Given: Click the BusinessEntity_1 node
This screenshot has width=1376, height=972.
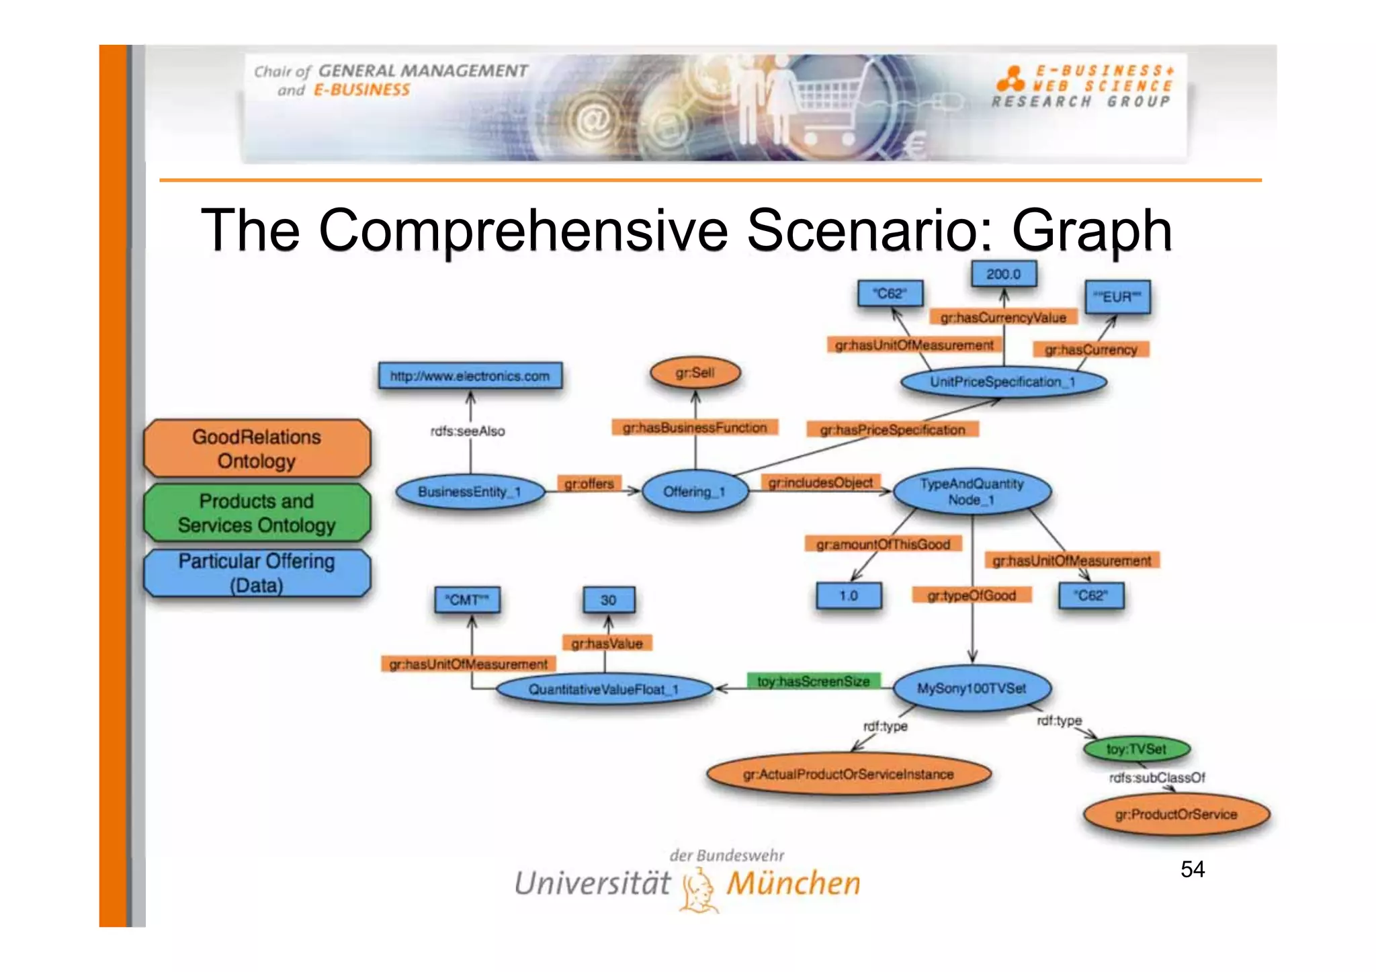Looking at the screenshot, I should pos(469,492).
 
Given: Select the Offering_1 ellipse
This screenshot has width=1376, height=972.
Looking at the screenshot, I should pos(695,492).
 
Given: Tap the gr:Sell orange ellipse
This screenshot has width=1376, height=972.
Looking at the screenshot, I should pos(695,373).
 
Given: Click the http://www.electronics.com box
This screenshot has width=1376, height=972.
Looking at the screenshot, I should pos(470,376).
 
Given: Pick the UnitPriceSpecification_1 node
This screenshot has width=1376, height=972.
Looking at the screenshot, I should pos(1002,382).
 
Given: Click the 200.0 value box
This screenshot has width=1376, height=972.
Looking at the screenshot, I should pos(1003,274).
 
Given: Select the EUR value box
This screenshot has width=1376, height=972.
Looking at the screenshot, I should pos(1117,297).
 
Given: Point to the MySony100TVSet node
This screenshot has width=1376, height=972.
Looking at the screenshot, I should pos(972,689).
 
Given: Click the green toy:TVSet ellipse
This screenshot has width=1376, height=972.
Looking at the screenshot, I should pos(1136,749).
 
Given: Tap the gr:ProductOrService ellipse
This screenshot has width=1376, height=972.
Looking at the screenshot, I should pos(1176,814).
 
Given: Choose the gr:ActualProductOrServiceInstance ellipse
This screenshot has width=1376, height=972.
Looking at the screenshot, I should pos(848,775).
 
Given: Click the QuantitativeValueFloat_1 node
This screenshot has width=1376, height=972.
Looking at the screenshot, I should pos(603,689).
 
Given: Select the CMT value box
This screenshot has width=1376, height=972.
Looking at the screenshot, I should pos(467,600).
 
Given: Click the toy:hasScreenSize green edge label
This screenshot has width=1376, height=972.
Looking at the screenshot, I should pos(813,681).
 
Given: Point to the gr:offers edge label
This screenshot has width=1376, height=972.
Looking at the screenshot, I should pos(589,484).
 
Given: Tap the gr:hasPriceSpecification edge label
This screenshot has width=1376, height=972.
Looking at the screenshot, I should pos(892,430).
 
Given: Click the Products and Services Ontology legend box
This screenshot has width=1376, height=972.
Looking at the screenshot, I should pos(257,513).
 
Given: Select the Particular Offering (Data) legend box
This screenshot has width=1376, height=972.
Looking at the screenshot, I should pos(257,573).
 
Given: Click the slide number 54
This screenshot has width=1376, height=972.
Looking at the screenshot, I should pos(1192,869).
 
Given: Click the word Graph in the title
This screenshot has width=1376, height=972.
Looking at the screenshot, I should pos(1092,230).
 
